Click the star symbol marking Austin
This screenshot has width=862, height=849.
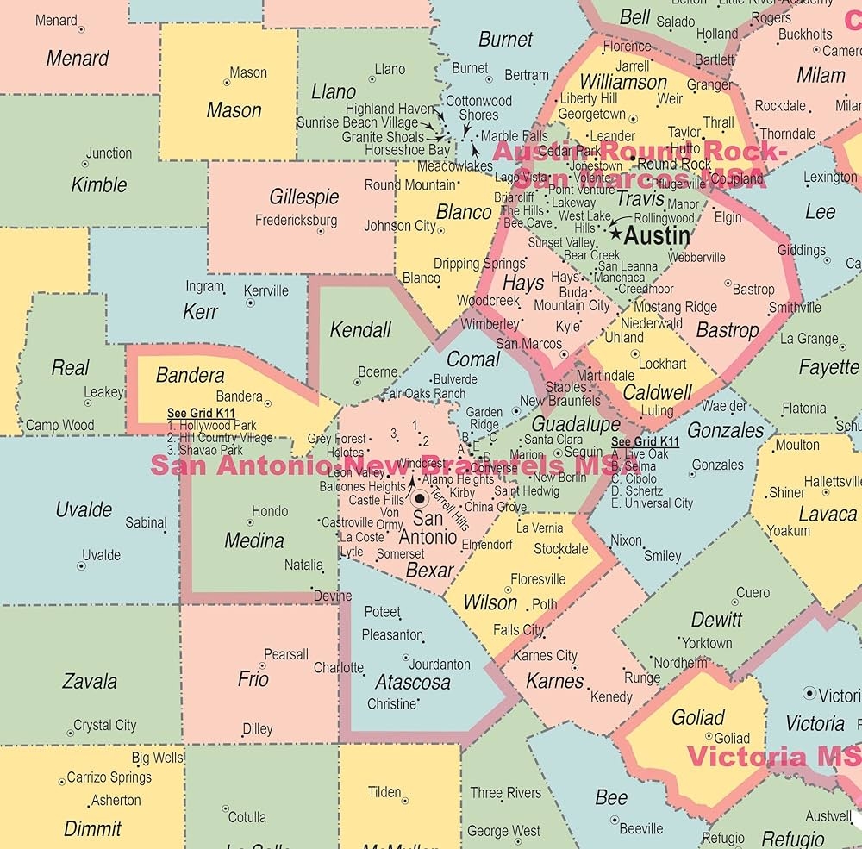(x=615, y=233)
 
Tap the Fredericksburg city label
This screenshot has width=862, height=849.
(x=296, y=220)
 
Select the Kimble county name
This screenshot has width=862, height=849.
(x=99, y=184)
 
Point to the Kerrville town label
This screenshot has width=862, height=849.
(x=266, y=290)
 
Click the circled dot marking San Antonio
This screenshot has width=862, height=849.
(x=420, y=498)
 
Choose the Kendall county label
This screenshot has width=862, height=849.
(x=360, y=329)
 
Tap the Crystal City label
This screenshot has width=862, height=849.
(x=104, y=725)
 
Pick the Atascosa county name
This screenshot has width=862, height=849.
(x=413, y=682)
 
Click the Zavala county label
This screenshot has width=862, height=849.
(x=90, y=682)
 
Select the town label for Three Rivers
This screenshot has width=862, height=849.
(x=506, y=792)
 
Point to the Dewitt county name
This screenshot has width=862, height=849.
(x=716, y=619)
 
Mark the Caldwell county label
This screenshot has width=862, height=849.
(x=657, y=392)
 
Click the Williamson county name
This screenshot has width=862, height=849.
(x=622, y=83)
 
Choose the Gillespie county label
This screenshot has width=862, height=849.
(x=304, y=197)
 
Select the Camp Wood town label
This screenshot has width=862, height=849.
(x=60, y=425)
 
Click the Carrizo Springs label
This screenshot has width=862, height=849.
(x=109, y=777)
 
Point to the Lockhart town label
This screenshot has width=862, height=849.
(x=662, y=364)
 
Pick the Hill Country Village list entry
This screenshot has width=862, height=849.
(x=220, y=438)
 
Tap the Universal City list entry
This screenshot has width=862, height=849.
(x=652, y=503)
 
